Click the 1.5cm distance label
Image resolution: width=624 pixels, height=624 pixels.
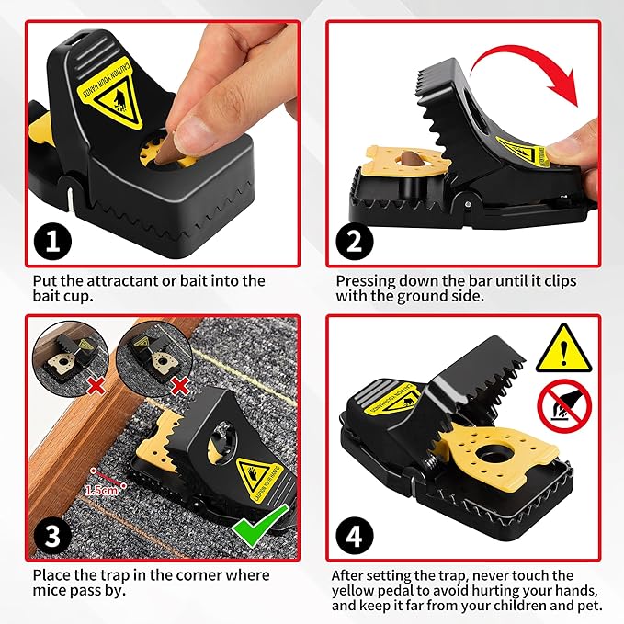point(100,489)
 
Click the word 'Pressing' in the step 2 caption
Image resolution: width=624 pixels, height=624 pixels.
point(365,280)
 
